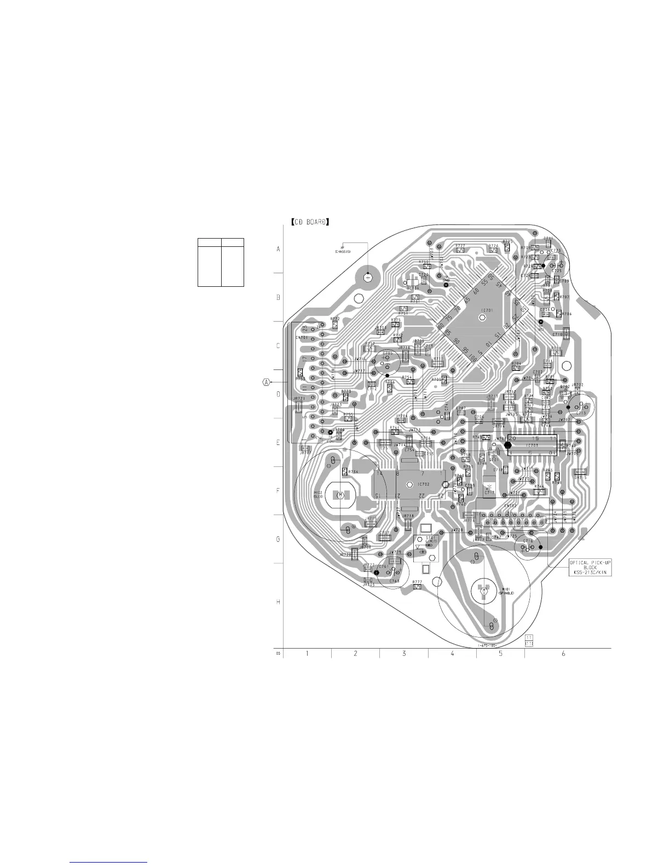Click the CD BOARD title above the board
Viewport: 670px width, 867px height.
pyautogui.click(x=310, y=222)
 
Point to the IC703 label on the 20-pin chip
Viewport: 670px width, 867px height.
pyautogui.click(x=532, y=446)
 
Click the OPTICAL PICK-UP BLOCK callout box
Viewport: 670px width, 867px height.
pyautogui.click(x=590, y=567)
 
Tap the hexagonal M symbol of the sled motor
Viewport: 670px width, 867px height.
pyautogui.click(x=340, y=495)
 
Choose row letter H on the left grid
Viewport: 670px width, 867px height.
pyautogui.click(x=278, y=602)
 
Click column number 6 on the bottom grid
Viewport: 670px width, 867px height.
pyautogui.click(x=564, y=654)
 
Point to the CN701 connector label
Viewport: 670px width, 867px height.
pyautogui.click(x=302, y=338)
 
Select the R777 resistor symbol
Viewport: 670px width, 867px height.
pyautogui.click(x=417, y=587)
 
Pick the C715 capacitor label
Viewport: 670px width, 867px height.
pyautogui.click(x=581, y=413)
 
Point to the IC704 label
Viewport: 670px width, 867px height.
pyautogui.click(x=413, y=288)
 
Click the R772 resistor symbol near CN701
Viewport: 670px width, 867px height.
pyautogui.click(x=335, y=325)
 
